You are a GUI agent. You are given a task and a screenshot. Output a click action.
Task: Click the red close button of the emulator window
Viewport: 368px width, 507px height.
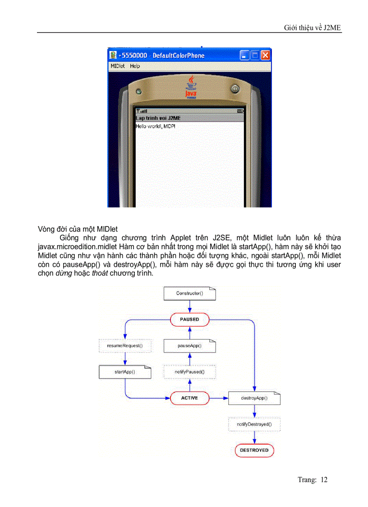266,56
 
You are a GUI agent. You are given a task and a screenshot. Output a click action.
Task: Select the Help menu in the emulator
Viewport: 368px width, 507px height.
135,66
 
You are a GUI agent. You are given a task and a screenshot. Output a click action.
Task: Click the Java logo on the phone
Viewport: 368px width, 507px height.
191,88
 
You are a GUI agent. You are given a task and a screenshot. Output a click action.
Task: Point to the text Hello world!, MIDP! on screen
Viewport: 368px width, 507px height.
156,126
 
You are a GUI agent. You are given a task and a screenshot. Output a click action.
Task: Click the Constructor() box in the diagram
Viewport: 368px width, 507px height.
189,293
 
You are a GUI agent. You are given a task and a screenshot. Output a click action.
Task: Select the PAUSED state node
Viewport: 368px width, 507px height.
189,319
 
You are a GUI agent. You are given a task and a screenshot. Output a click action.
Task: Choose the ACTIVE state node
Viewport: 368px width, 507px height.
189,398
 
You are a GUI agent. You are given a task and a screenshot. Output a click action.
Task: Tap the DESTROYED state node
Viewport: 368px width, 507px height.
254,450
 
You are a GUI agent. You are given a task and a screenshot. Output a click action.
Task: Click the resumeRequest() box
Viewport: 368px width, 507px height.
125,346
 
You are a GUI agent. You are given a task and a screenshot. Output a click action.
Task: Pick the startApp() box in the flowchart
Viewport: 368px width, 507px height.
125,372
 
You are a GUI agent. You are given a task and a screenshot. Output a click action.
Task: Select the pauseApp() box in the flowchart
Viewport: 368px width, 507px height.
189,346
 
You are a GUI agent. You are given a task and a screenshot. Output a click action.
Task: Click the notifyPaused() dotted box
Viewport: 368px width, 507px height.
189,372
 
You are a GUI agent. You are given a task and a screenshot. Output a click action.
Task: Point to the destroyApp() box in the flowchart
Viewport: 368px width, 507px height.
254,398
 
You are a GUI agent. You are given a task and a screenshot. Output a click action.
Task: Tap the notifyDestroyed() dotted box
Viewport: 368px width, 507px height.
254,424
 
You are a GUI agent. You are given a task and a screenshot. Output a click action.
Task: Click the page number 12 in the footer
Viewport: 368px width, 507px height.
324,479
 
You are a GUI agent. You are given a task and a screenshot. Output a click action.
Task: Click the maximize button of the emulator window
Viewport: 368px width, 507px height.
255,56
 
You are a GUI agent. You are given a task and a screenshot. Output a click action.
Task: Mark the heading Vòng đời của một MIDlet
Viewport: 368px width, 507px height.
78,229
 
